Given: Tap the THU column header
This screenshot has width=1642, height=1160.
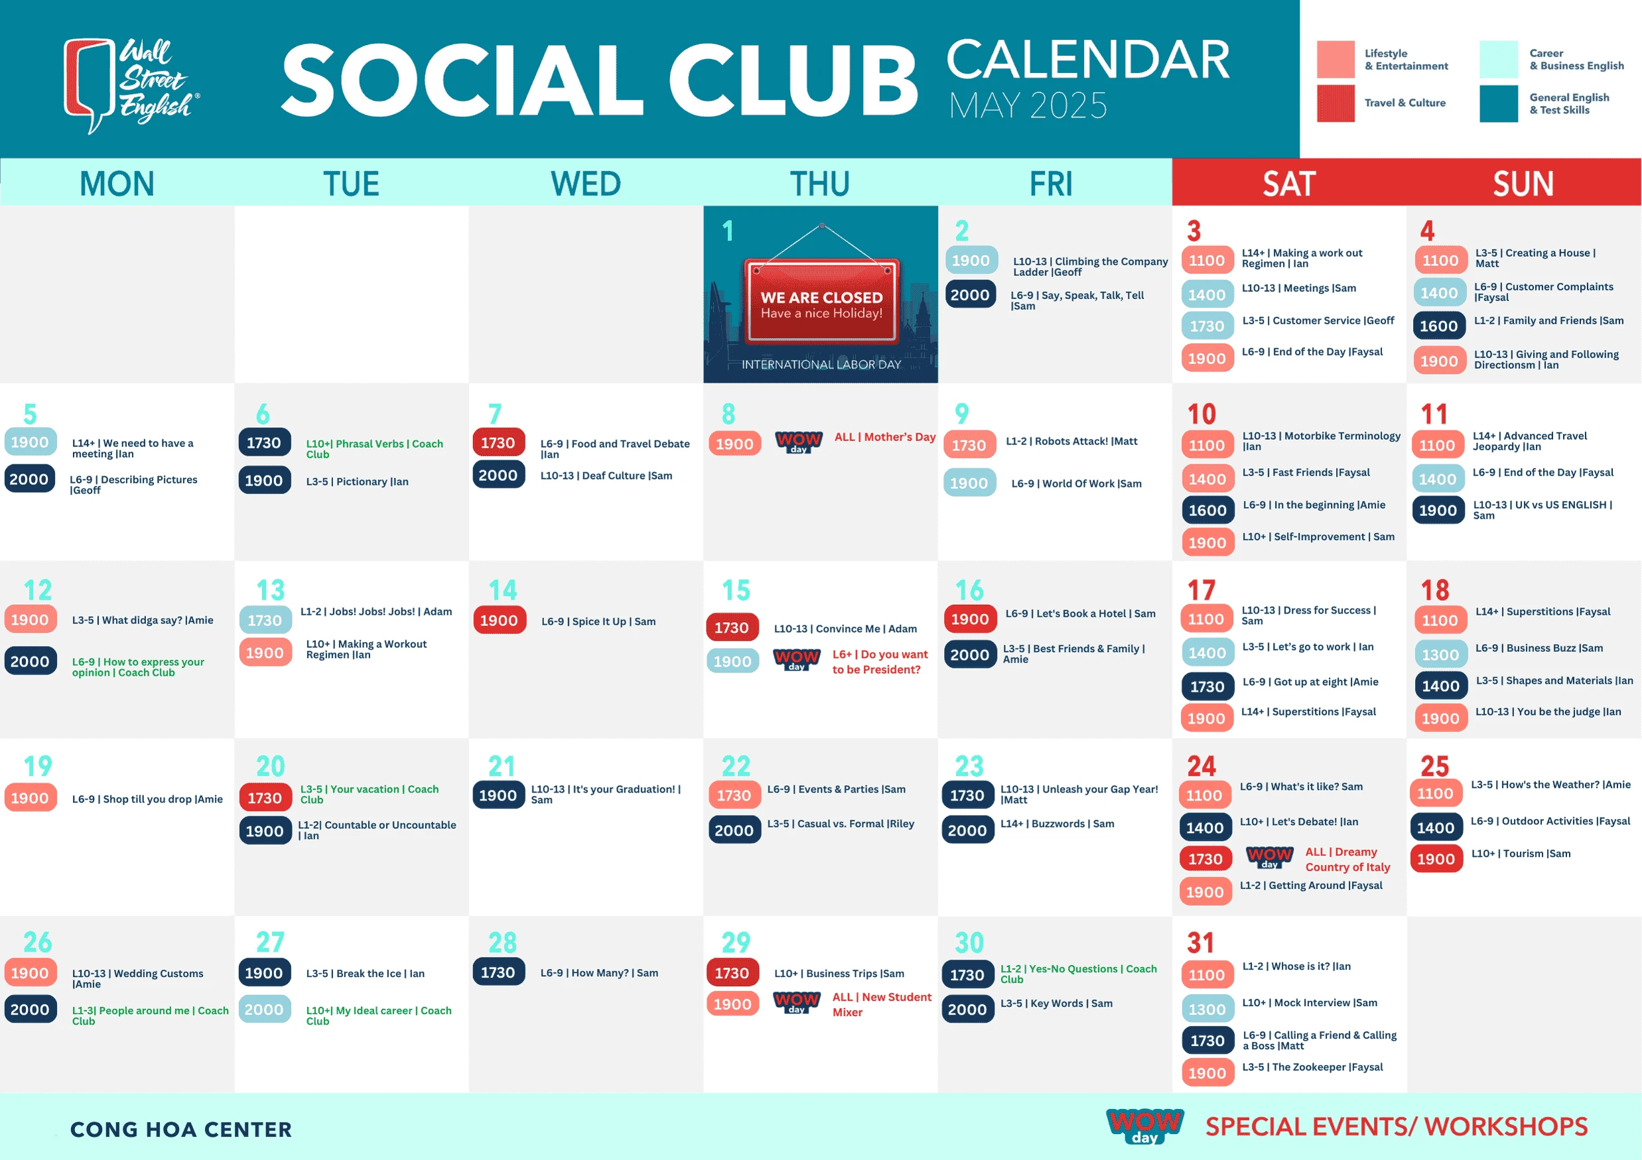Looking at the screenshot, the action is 819,184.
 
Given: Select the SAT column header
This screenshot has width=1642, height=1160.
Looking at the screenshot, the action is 1288,184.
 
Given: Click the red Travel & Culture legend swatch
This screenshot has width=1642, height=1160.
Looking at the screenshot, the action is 1335,103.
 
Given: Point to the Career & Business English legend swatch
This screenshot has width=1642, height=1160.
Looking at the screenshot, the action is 1498,59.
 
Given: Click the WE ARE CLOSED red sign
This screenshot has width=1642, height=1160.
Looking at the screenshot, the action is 821,301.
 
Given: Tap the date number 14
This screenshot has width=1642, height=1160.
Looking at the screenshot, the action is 503,590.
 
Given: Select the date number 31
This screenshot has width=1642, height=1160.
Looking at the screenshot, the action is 1200,942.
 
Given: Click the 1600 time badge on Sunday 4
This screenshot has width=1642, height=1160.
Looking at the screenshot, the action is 1438,326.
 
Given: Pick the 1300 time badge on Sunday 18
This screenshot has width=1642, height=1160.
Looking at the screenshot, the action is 1440,654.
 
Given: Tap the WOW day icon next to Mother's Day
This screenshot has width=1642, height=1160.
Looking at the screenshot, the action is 798,442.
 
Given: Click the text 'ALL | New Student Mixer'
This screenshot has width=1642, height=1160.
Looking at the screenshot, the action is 881,1004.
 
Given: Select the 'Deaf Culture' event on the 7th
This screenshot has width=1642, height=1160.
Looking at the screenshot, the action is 606,476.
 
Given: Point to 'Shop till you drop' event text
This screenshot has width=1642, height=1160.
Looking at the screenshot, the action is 147,799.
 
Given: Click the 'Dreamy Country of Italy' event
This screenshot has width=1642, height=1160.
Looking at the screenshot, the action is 1347,859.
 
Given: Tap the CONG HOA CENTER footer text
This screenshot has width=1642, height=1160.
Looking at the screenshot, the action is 181,1129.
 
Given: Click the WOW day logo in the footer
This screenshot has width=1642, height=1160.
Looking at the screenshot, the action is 1144,1126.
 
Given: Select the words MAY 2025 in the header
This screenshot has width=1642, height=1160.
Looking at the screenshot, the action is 1028,105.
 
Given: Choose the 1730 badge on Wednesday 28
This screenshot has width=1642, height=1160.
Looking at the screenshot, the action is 498,972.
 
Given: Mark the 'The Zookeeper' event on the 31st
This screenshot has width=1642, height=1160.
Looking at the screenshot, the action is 1312,1067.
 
